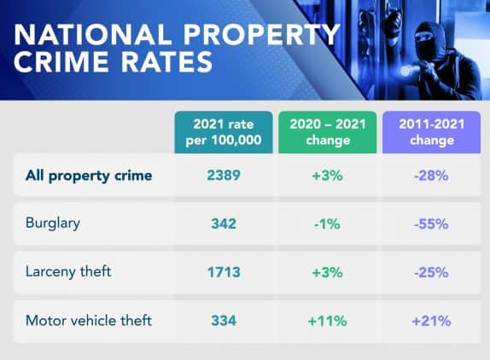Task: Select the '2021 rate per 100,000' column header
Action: [x=224, y=132]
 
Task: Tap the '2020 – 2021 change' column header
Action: [x=327, y=132]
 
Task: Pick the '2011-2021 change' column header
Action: [x=431, y=132]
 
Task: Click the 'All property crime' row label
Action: [x=90, y=176]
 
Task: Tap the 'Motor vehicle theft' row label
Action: [x=89, y=321]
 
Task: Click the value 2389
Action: [x=224, y=176]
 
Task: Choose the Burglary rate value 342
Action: [x=224, y=224]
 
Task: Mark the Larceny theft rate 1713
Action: [x=224, y=273]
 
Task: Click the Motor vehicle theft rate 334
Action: [x=224, y=321]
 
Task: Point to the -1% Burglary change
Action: [x=327, y=224]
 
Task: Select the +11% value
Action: [x=327, y=321]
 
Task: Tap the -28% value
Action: [x=431, y=176]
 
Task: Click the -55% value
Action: [x=431, y=224]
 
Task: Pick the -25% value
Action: [x=431, y=273]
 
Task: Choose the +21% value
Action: [x=431, y=321]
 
